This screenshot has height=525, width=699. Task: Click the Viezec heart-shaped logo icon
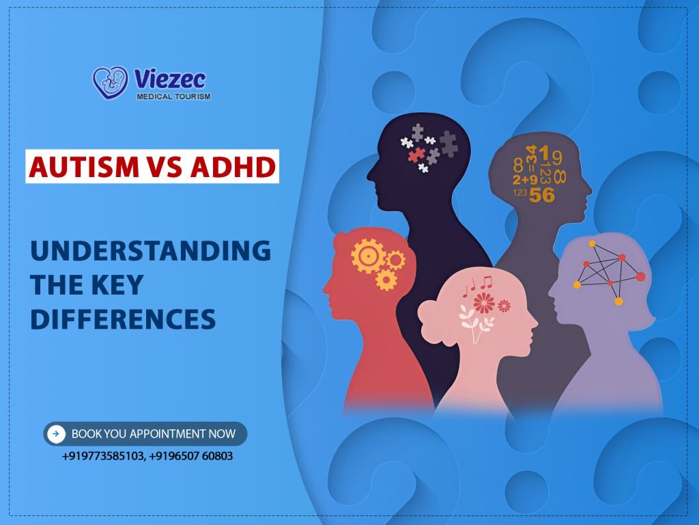pyautogui.click(x=110, y=83)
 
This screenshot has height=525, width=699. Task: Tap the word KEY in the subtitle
pyautogui.click(x=119, y=285)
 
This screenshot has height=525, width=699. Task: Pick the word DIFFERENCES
pyautogui.click(x=123, y=319)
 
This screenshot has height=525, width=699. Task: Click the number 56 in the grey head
pyautogui.click(x=541, y=194)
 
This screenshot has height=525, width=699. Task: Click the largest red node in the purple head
pyautogui.click(x=640, y=276)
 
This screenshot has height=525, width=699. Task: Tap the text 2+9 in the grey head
pyautogui.click(x=524, y=180)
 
